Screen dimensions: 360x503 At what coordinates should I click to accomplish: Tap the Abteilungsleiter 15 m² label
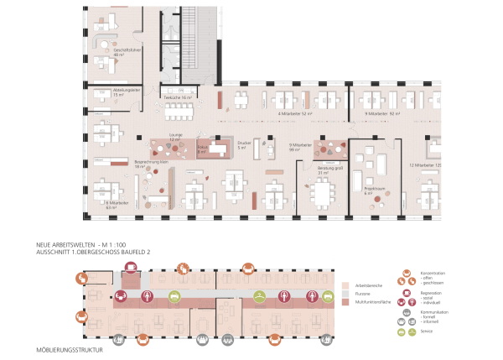(x=126, y=92)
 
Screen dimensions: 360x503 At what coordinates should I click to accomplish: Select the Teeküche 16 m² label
(x=178, y=97)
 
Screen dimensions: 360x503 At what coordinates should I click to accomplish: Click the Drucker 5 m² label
(x=245, y=145)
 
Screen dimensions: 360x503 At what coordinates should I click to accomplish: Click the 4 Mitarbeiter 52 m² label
(x=295, y=112)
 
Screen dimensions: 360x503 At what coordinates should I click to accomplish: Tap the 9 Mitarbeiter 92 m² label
(x=382, y=112)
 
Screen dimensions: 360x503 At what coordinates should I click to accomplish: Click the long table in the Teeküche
(x=179, y=109)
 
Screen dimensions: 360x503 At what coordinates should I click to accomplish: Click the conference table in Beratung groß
(x=321, y=195)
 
